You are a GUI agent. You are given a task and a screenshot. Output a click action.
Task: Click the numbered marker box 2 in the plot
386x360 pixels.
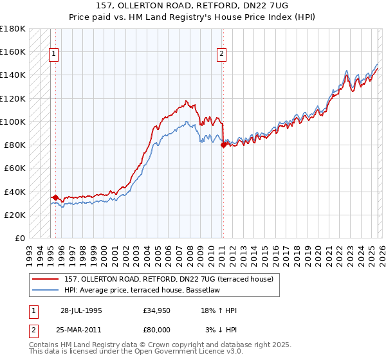tap(221, 55)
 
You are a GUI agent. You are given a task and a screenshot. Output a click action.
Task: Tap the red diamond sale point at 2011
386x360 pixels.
tap(223, 145)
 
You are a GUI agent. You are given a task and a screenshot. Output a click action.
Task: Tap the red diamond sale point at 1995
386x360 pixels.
tap(55, 197)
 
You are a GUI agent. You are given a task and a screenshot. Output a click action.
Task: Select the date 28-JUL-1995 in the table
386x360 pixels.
tap(81, 310)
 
